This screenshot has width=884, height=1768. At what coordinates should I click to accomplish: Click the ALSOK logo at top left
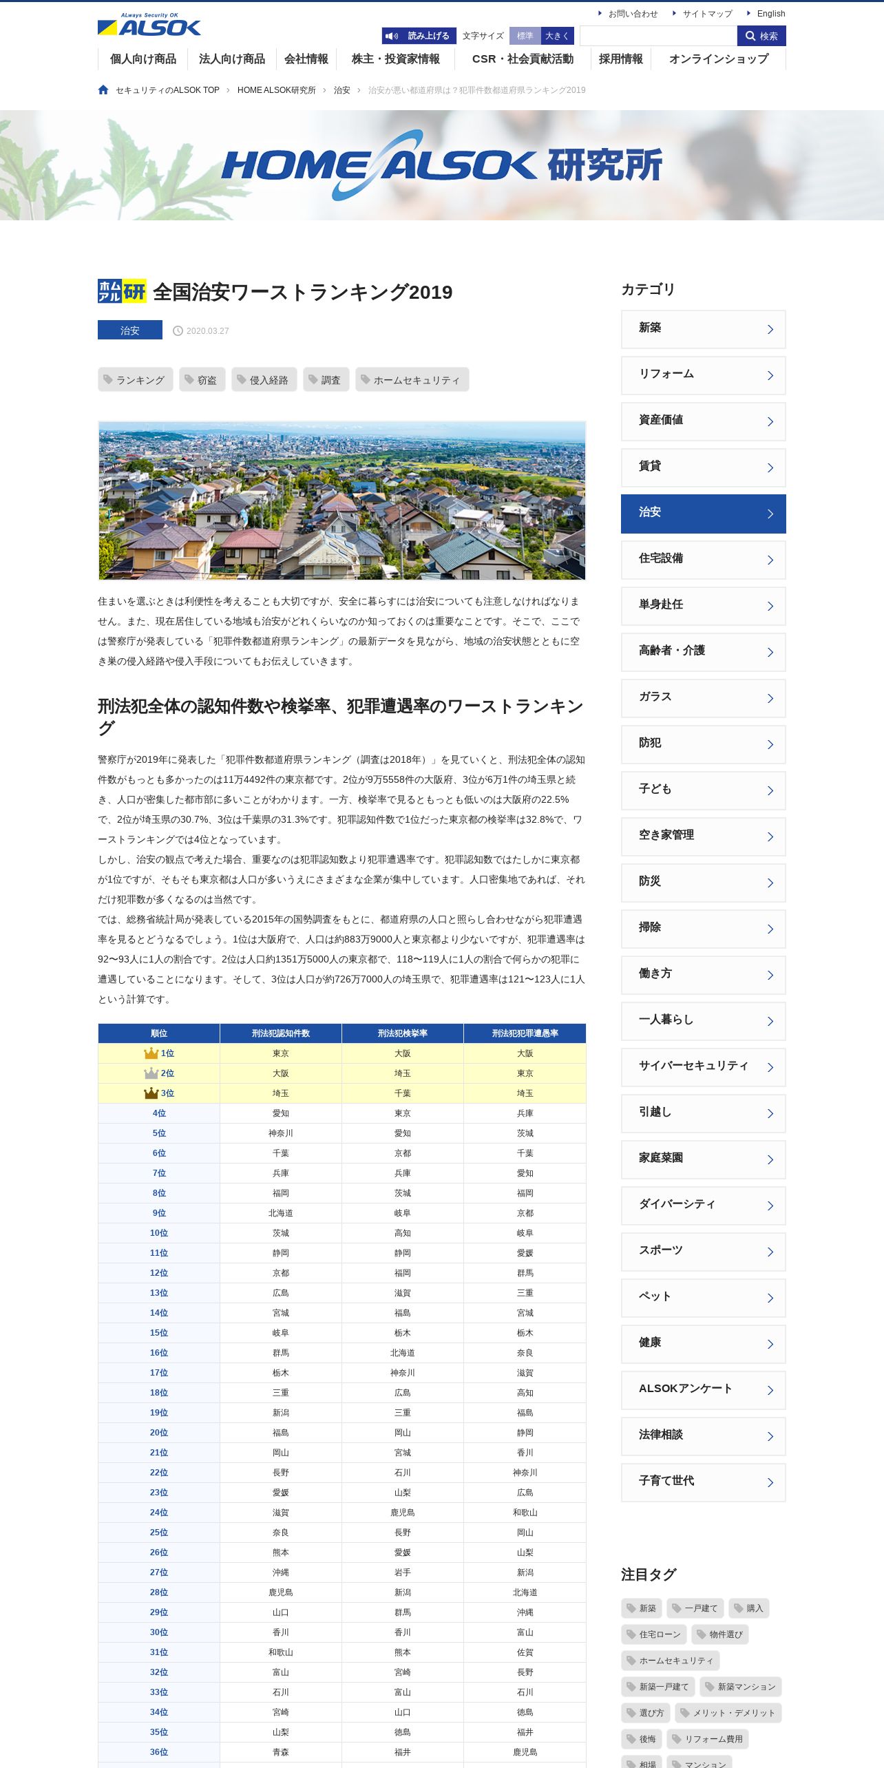point(149,25)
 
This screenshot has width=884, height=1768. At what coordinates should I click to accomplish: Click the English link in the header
point(770,14)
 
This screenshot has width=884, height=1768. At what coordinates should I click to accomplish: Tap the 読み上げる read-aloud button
point(419,36)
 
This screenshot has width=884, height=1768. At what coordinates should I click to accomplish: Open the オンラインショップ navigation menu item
point(718,59)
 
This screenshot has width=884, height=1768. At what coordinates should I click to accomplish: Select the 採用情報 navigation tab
point(620,59)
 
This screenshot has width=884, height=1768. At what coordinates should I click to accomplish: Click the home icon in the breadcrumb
point(103,90)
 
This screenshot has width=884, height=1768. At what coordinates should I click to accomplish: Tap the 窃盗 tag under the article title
point(202,380)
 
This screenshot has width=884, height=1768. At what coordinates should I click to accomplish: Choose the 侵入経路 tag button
point(264,380)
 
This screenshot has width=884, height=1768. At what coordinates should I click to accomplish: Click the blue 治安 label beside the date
point(130,330)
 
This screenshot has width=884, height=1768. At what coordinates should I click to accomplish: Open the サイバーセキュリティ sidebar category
point(703,1066)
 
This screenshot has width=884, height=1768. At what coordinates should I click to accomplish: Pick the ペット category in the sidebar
point(703,1297)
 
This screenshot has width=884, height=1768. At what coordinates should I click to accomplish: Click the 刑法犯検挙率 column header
point(403,1033)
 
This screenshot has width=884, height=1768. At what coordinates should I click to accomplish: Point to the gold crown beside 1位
point(151,1053)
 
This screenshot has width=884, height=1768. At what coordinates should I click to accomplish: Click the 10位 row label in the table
point(159,1233)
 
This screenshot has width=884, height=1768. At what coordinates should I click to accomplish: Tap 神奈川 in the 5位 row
point(281,1133)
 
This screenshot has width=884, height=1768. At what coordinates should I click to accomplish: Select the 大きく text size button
point(557,36)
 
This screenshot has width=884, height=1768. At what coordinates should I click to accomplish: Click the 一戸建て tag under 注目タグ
point(695,1608)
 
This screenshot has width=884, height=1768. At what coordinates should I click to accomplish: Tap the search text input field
point(658,36)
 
